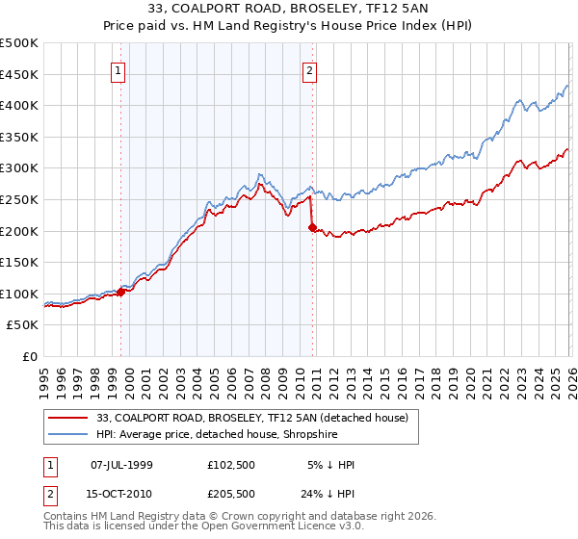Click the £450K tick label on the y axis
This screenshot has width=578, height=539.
[x=19, y=74]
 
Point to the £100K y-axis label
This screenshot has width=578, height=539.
[x=19, y=294]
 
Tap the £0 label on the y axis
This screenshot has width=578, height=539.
[x=30, y=356]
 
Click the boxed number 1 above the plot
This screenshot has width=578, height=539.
[x=118, y=69]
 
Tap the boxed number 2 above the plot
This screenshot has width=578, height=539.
[x=309, y=69]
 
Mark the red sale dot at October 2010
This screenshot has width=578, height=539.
[x=312, y=227]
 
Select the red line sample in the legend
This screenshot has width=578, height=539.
[x=68, y=418]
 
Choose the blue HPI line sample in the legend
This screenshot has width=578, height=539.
[x=68, y=434]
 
